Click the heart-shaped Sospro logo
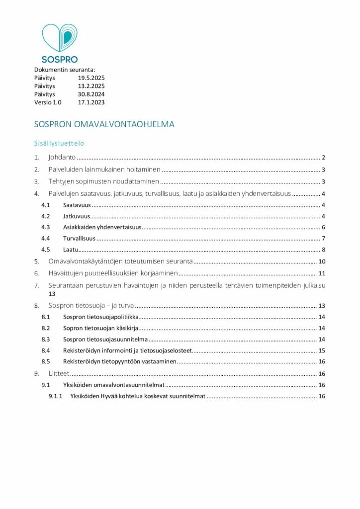coord(59,38)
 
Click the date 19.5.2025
coord(91,78)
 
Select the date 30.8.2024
coord(91,94)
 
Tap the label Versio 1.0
coord(48,102)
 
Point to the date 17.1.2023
coord(91,102)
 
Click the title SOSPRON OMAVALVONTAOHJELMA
coord(104,124)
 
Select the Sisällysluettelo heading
coord(59,143)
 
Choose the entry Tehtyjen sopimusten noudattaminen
coord(104,181)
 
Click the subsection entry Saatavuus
coord(77,205)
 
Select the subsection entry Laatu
coord(71,250)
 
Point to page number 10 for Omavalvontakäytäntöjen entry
coord(321,261)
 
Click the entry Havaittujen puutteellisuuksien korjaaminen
coord(113,273)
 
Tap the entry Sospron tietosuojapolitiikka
coord(101,317)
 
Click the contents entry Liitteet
coord(59,373)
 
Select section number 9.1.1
coord(55,396)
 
